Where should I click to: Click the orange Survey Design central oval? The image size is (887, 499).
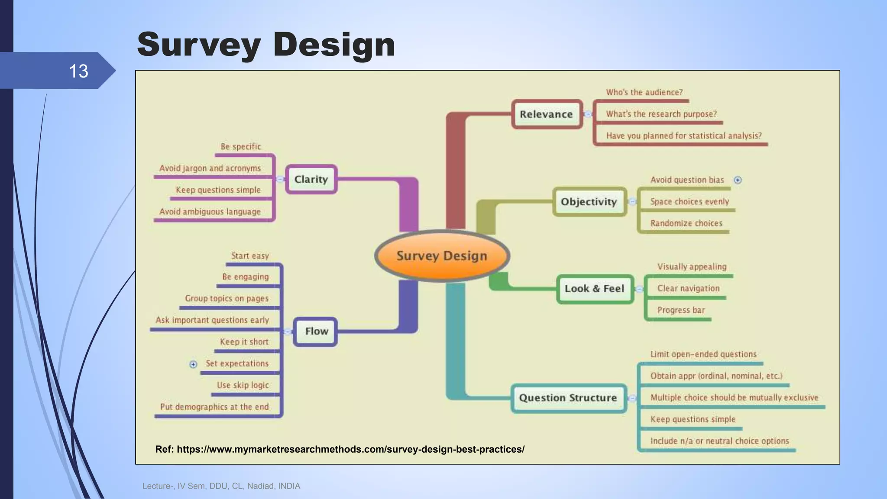(x=442, y=256)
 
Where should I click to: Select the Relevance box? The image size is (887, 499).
(x=547, y=114)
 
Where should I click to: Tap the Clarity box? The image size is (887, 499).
(x=311, y=179)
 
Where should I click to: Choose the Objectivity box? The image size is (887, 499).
(x=589, y=202)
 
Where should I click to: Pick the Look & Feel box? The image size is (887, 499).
(x=595, y=289)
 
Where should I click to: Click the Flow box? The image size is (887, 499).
(x=316, y=331)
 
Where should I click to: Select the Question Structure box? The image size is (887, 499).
(x=568, y=398)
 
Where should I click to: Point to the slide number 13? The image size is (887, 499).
(x=78, y=71)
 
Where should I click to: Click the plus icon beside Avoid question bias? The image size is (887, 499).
(x=738, y=180)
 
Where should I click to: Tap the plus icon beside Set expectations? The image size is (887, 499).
(x=193, y=364)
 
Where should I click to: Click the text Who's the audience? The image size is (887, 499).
(x=644, y=92)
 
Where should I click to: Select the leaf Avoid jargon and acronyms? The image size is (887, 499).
(x=210, y=168)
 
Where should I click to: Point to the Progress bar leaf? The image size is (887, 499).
(x=681, y=310)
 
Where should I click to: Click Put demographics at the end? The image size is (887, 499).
(x=214, y=407)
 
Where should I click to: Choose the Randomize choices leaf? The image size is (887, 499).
(x=686, y=224)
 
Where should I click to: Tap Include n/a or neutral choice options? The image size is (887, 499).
(x=719, y=441)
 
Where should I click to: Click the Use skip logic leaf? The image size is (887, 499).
(x=243, y=385)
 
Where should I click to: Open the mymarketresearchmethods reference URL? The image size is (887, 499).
(x=350, y=449)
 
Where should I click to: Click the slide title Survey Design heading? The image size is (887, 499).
(x=266, y=44)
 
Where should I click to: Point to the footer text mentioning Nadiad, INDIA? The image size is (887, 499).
(x=221, y=486)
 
